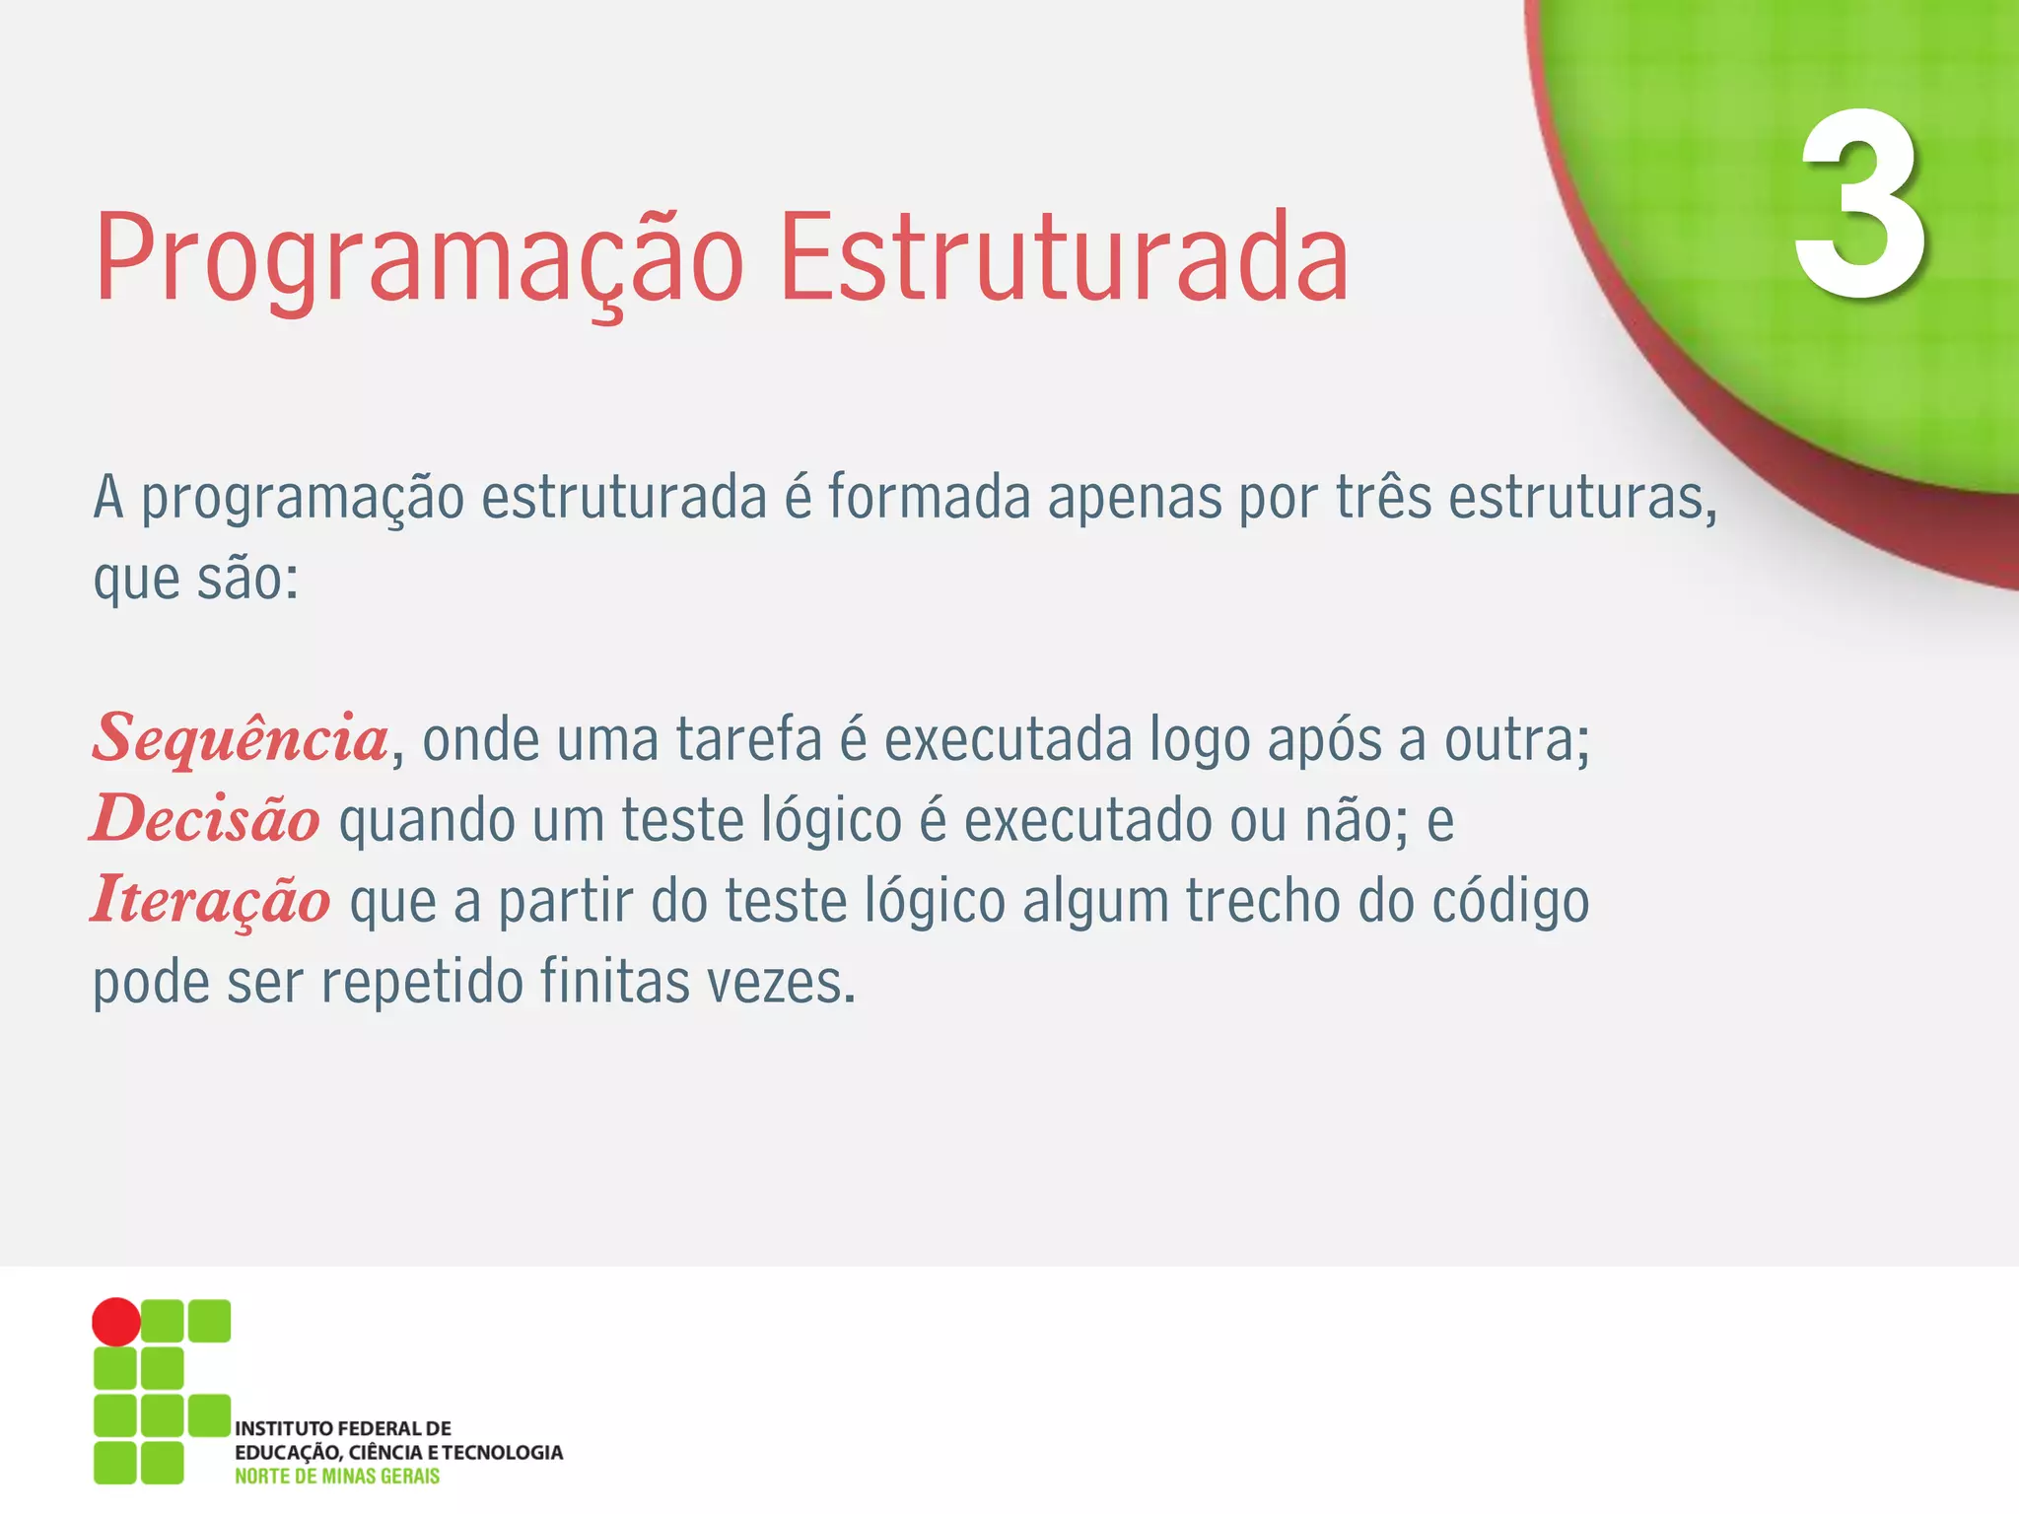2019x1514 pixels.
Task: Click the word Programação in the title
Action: [419, 258]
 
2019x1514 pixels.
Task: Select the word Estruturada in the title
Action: [1064, 258]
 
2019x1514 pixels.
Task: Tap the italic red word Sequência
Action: [242, 739]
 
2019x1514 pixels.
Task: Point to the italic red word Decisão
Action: [206, 820]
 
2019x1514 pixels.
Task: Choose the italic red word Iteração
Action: [211, 901]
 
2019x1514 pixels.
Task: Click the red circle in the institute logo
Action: [116, 1322]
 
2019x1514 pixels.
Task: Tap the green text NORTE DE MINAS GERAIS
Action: [337, 1477]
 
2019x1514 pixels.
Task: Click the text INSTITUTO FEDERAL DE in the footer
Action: [343, 1428]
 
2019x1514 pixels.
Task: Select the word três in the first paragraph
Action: [1383, 498]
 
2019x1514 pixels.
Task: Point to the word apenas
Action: [1134, 500]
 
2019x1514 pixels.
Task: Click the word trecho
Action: [1262, 901]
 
